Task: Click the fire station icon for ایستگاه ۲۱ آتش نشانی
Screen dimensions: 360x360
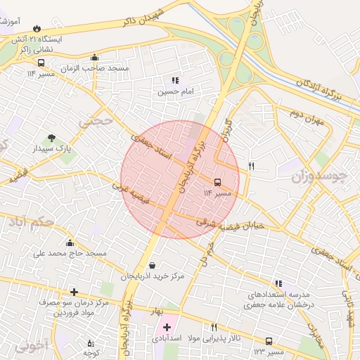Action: coord(37,28)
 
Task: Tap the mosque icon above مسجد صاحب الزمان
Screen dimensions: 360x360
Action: coord(95,58)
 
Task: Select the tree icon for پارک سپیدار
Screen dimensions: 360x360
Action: coord(51,139)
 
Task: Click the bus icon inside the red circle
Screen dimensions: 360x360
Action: coord(217,181)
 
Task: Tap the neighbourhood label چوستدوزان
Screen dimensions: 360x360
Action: coord(319,176)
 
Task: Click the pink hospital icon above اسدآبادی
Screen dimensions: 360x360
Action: coord(167,326)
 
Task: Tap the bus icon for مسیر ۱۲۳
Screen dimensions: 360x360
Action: coord(269,341)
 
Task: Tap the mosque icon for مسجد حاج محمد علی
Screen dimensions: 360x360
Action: coord(70,243)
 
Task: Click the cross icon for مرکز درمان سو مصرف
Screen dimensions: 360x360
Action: coord(74,291)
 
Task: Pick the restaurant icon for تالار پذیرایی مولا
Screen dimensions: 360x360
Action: coord(214,327)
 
